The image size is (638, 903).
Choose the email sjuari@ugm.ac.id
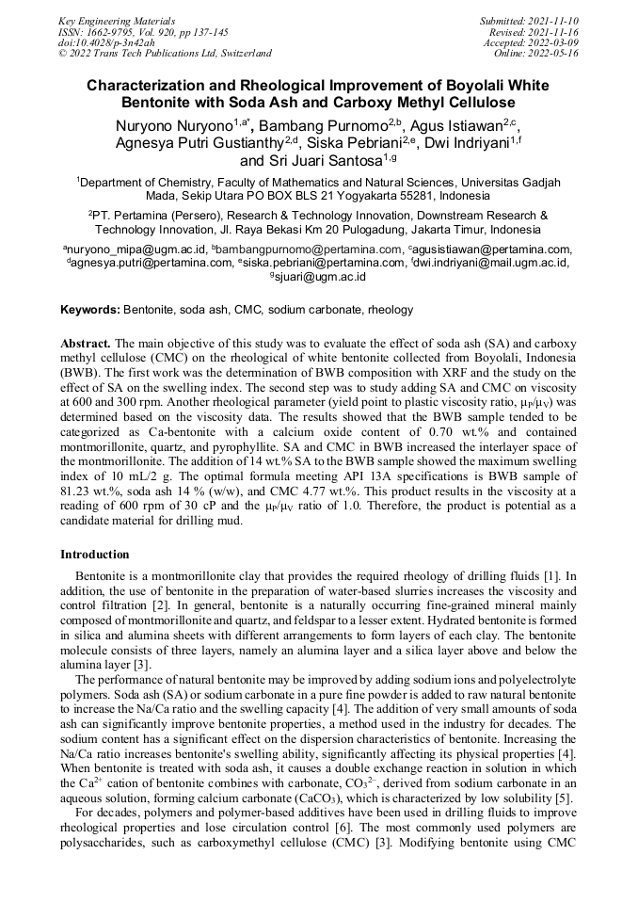320,277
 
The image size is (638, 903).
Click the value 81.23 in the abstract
76,502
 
